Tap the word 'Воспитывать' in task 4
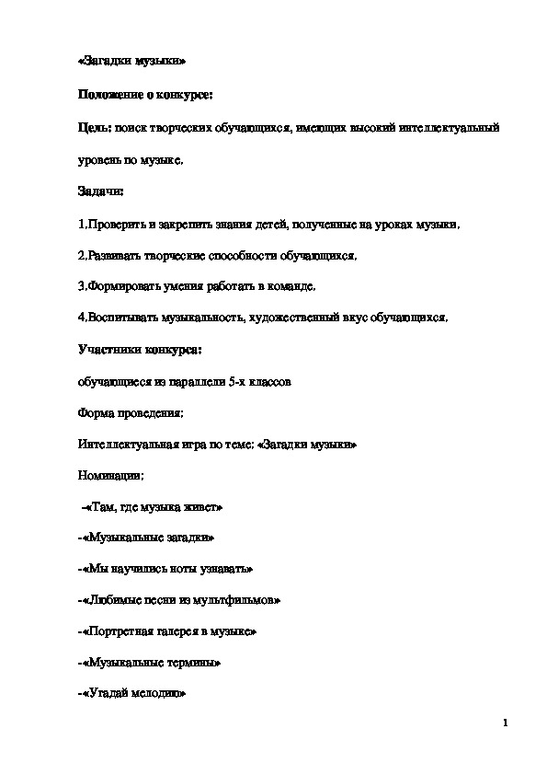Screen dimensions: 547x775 tap(119, 318)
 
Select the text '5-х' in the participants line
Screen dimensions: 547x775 tap(237, 381)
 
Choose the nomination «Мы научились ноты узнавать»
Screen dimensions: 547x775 tap(165, 570)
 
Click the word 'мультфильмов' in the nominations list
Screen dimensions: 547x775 tap(240, 601)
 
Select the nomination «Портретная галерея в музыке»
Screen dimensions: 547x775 tap(167, 632)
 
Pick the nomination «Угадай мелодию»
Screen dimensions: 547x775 tap(132, 695)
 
